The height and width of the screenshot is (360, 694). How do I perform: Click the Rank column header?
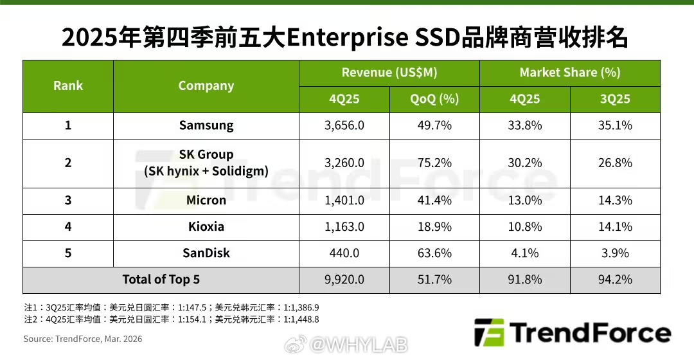68,86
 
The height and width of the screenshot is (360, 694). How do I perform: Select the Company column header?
206,86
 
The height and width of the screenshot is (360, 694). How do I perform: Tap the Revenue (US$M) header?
389,73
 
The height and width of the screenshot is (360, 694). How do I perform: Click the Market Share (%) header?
569,73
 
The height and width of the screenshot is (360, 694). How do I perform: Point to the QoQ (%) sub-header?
434,100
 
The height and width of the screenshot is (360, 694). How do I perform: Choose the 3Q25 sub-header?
615,100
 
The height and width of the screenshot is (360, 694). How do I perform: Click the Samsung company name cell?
206,125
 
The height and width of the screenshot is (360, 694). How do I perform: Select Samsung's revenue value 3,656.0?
344,125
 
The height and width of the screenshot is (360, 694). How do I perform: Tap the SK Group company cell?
206,163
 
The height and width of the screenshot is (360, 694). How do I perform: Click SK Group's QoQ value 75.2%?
434,163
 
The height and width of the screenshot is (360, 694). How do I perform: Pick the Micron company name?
206,201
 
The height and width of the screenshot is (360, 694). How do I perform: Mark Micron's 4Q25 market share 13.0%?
524,201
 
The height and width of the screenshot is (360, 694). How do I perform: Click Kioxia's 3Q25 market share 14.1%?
615,227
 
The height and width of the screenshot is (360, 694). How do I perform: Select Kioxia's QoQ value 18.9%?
434,227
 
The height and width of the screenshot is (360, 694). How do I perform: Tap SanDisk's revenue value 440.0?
344,253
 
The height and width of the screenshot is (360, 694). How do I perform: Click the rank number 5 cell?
68,253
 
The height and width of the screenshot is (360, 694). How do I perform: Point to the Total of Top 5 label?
161,280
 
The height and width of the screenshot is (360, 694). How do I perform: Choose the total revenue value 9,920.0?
344,280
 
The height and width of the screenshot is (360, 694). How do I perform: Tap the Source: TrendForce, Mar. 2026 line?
83,339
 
